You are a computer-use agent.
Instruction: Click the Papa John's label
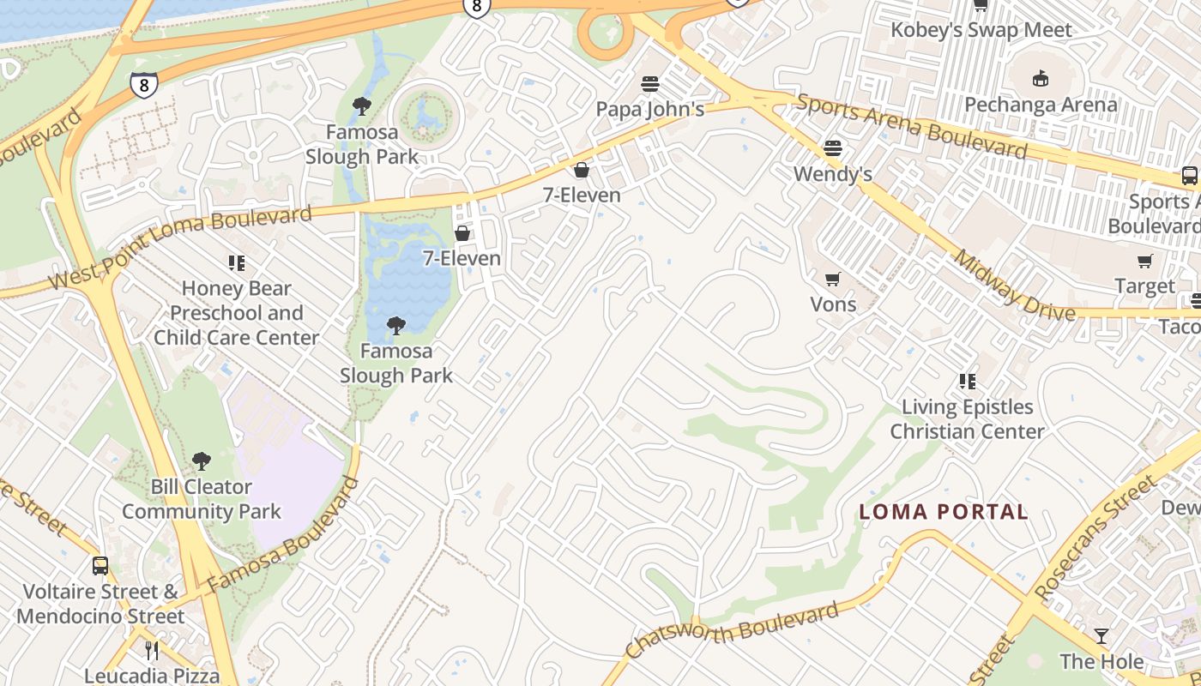pyautogui.click(x=650, y=109)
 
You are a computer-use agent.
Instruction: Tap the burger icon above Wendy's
pyautogui.click(x=832, y=148)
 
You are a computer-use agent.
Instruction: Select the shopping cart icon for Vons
pyautogui.click(x=832, y=279)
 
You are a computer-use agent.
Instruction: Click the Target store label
pyautogui.click(x=1144, y=286)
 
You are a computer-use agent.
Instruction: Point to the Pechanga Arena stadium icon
pyautogui.click(x=1041, y=79)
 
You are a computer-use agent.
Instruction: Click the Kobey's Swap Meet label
pyautogui.click(x=981, y=30)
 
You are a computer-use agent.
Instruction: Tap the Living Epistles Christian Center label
pyautogui.click(x=967, y=418)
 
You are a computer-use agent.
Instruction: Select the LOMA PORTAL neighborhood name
pyautogui.click(x=944, y=512)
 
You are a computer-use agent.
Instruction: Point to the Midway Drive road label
pyautogui.click(x=1014, y=286)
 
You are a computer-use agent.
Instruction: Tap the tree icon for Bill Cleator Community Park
pyautogui.click(x=202, y=461)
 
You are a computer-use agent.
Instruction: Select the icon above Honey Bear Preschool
pyautogui.click(x=236, y=263)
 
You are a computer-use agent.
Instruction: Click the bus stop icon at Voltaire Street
pyautogui.click(x=100, y=566)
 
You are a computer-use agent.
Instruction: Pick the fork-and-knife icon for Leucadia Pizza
pyautogui.click(x=152, y=650)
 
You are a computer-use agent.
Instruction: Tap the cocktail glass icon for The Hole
pyautogui.click(x=1101, y=636)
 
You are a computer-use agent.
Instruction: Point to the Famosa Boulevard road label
pyautogui.click(x=284, y=536)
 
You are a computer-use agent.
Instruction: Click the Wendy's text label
pyautogui.click(x=832, y=174)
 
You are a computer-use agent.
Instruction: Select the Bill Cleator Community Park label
pyautogui.click(x=202, y=499)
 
